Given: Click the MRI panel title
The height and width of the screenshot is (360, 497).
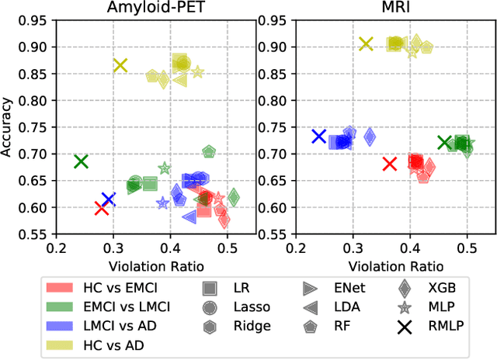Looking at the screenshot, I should point(381,9).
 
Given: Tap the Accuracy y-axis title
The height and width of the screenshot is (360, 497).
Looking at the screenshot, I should point(8,126).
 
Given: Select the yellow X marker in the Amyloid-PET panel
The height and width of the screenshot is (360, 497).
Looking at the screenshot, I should point(120,65).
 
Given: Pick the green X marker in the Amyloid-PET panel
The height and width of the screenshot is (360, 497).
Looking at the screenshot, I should point(81,161).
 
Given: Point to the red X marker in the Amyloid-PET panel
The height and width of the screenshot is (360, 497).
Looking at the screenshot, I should point(101,207).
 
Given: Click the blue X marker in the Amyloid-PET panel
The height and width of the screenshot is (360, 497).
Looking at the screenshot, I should point(109,199).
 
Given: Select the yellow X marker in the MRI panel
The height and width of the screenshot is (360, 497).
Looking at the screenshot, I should point(367,44).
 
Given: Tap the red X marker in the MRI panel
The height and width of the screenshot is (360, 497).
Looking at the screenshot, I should point(390,164).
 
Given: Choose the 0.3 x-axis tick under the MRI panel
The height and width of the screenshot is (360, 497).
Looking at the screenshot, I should point(353,247).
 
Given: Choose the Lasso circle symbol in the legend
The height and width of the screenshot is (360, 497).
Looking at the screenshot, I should point(210,306).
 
